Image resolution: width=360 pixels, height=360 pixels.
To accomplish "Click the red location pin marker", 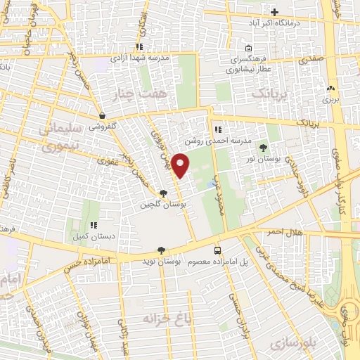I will click(181, 165).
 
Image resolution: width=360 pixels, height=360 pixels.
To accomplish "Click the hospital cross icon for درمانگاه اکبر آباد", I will click(275, 12).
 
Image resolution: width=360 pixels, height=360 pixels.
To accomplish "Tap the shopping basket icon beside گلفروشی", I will click(103, 116).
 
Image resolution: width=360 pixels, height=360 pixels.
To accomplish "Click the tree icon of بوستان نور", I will click(264, 148).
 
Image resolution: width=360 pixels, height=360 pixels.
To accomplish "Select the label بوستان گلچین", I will click(160, 205).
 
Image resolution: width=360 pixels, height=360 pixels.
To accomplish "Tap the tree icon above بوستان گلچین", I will click(164, 193).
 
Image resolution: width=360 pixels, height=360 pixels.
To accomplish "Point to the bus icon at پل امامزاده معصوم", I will click(217, 250).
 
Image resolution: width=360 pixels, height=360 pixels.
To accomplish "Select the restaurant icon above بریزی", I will click(330, 89).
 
